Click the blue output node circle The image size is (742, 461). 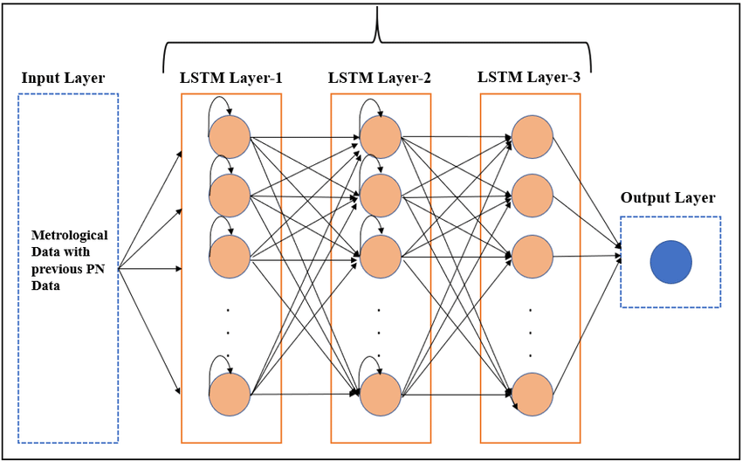coord(670,261)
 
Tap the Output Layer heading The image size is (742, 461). coord(668,198)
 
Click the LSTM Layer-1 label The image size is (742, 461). coord(230,78)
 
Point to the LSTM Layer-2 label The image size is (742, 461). coord(380,78)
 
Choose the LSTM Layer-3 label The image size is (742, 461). coord(529,77)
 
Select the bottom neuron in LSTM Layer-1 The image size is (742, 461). coord(230,395)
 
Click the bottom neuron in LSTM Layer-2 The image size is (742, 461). coord(380,395)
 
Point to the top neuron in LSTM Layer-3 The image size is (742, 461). coord(532,137)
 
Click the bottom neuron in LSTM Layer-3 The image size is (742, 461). coord(532,395)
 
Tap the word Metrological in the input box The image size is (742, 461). coord(69,236)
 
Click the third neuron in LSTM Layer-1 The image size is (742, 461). coord(230,257)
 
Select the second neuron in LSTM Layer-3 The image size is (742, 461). coord(532,196)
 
